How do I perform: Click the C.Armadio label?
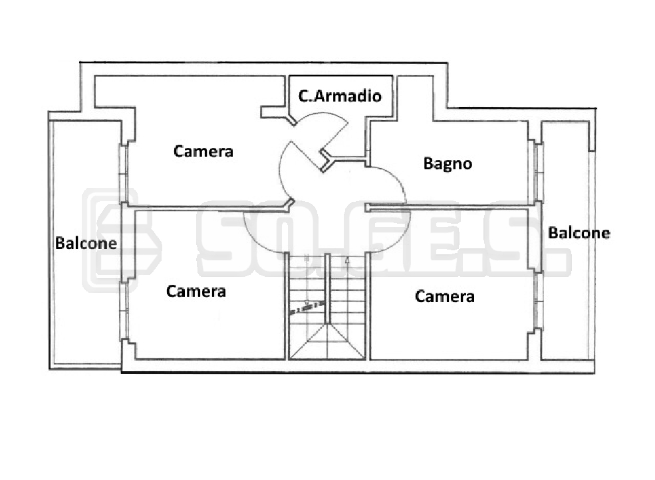pyautogui.click(x=340, y=96)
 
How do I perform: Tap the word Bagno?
pyautogui.click(x=448, y=163)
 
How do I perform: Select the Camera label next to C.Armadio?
pyautogui.click(x=203, y=151)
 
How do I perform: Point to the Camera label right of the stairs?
pyautogui.click(x=445, y=296)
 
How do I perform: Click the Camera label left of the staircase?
pyautogui.click(x=196, y=291)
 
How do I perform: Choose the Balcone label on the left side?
pyautogui.click(x=86, y=243)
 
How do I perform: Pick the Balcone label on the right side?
pyautogui.click(x=579, y=233)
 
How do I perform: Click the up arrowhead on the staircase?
pyautogui.click(x=348, y=261)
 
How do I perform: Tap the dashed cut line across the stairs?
pyautogui.click(x=307, y=307)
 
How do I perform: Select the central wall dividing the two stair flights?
pyautogui.click(x=328, y=287)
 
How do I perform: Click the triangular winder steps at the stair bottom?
pyautogui.click(x=327, y=342)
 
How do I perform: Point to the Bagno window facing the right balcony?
pyautogui.click(x=539, y=173)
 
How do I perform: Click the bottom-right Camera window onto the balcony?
pyautogui.click(x=539, y=301)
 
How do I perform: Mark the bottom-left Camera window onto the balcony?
pyautogui.click(x=124, y=311)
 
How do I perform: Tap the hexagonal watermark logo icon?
pyautogui.click(x=122, y=240)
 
